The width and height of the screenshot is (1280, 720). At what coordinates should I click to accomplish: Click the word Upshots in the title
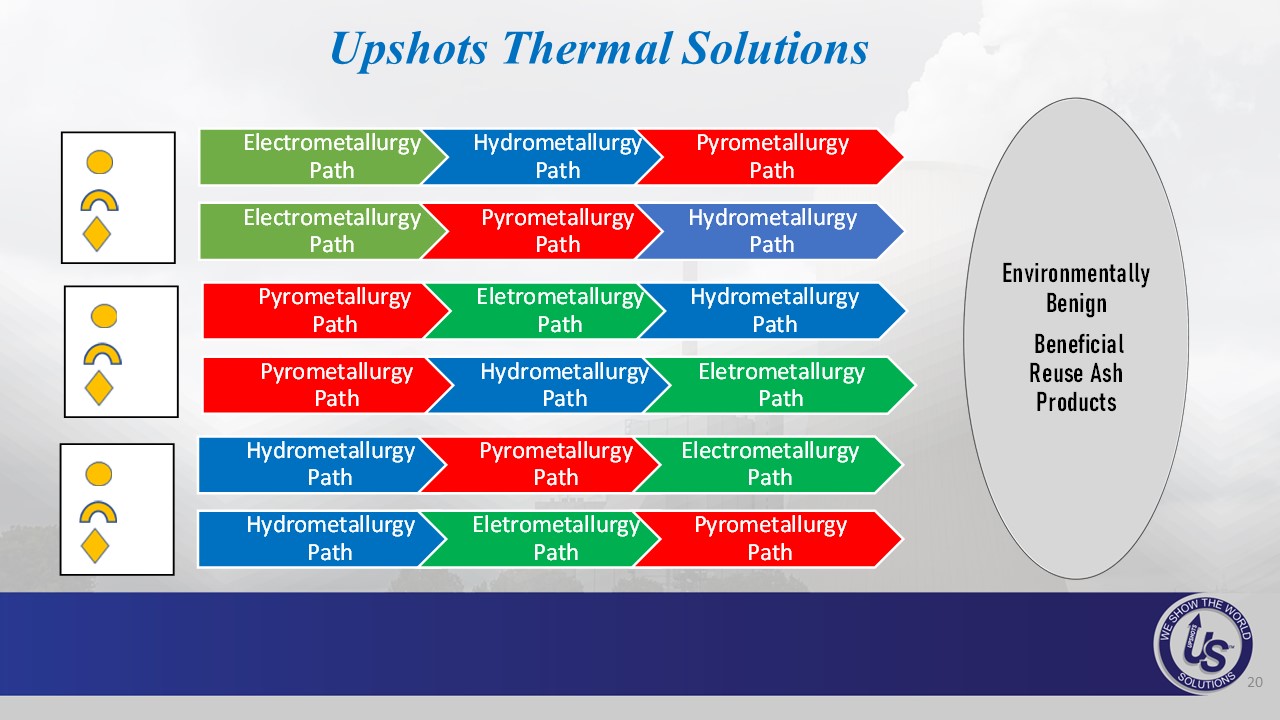point(409,50)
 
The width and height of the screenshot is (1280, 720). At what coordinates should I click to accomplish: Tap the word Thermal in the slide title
point(587,48)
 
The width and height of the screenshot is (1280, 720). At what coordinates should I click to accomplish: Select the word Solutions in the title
point(775,48)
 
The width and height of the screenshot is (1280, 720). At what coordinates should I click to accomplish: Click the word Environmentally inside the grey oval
point(1076,274)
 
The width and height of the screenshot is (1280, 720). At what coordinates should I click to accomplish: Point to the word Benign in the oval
point(1076,304)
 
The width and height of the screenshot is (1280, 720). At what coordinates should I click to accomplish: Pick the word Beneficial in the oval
point(1079,344)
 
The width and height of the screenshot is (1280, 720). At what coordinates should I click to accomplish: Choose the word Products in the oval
point(1076,402)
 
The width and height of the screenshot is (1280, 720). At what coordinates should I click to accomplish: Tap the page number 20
point(1255,682)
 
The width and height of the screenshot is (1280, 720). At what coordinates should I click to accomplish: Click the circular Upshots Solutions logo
point(1203,644)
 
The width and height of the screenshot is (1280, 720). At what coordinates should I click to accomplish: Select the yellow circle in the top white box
point(99,162)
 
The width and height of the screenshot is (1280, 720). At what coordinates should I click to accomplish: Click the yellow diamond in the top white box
point(97,234)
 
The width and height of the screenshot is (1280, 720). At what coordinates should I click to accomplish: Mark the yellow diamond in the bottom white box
point(95,546)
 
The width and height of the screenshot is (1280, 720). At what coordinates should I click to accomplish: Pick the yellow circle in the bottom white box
point(98,474)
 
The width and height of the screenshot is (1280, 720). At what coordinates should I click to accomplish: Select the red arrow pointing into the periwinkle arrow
point(543,231)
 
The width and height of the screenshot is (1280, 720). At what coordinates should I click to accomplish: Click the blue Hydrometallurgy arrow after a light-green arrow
point(543,157)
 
